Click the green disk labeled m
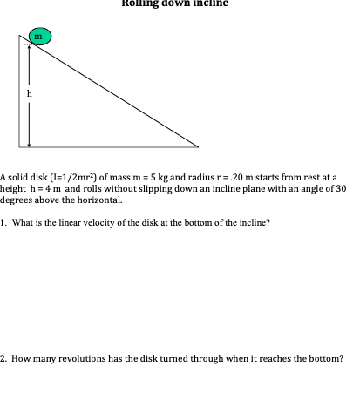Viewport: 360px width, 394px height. (38, 37)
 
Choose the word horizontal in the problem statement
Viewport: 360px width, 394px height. (102, 200)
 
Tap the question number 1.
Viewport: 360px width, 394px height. (3, 222)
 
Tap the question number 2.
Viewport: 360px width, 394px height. (3, 358)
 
